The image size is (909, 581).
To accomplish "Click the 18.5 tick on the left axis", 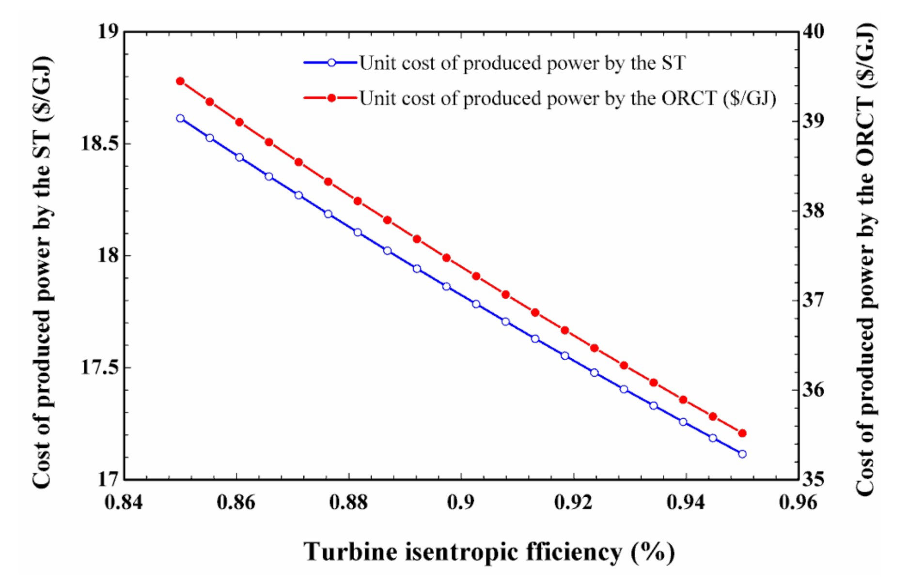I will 99,144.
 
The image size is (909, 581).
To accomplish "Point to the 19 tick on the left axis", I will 108,32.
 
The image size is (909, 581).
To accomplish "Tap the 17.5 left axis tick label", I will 99,367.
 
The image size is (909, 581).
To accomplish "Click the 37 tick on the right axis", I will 813,300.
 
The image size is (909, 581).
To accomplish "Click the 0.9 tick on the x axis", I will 461,503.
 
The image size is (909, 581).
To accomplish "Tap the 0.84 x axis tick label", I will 124,503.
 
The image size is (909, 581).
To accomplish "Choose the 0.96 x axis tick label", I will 798,503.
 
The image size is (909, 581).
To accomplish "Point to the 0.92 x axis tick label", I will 573,503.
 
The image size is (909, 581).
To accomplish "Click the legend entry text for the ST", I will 522,63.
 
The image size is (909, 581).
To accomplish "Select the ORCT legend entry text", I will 567,99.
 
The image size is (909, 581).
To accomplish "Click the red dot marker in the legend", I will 331,98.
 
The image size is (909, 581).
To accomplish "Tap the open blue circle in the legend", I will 331,62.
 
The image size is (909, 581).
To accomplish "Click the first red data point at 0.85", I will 180,81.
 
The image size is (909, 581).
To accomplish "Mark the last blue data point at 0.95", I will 742,454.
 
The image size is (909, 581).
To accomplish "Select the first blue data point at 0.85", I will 180,118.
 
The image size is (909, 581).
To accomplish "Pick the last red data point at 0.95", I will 742,433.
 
